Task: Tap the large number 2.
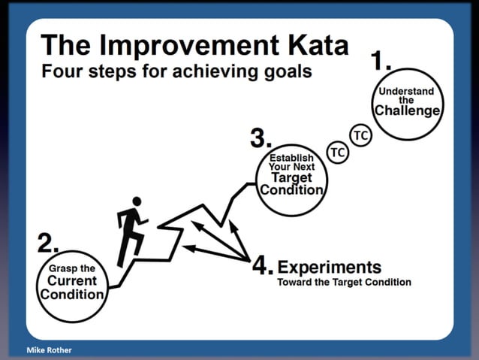click(x=47, y=243)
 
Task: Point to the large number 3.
click(x=260, y=138)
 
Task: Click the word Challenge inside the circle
click(x=407, y=111)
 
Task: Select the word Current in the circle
click(x=72, y=281)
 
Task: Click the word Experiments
click(x=329, y=267)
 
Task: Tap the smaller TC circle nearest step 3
click(x=338, y=153)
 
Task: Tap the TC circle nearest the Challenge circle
click(x=361, y=135)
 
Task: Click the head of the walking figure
click(x=136, y=201)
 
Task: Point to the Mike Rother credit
click(x=46, y=350)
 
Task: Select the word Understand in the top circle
click(x=406, y=92)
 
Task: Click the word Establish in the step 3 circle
click(x=291, y=158)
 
